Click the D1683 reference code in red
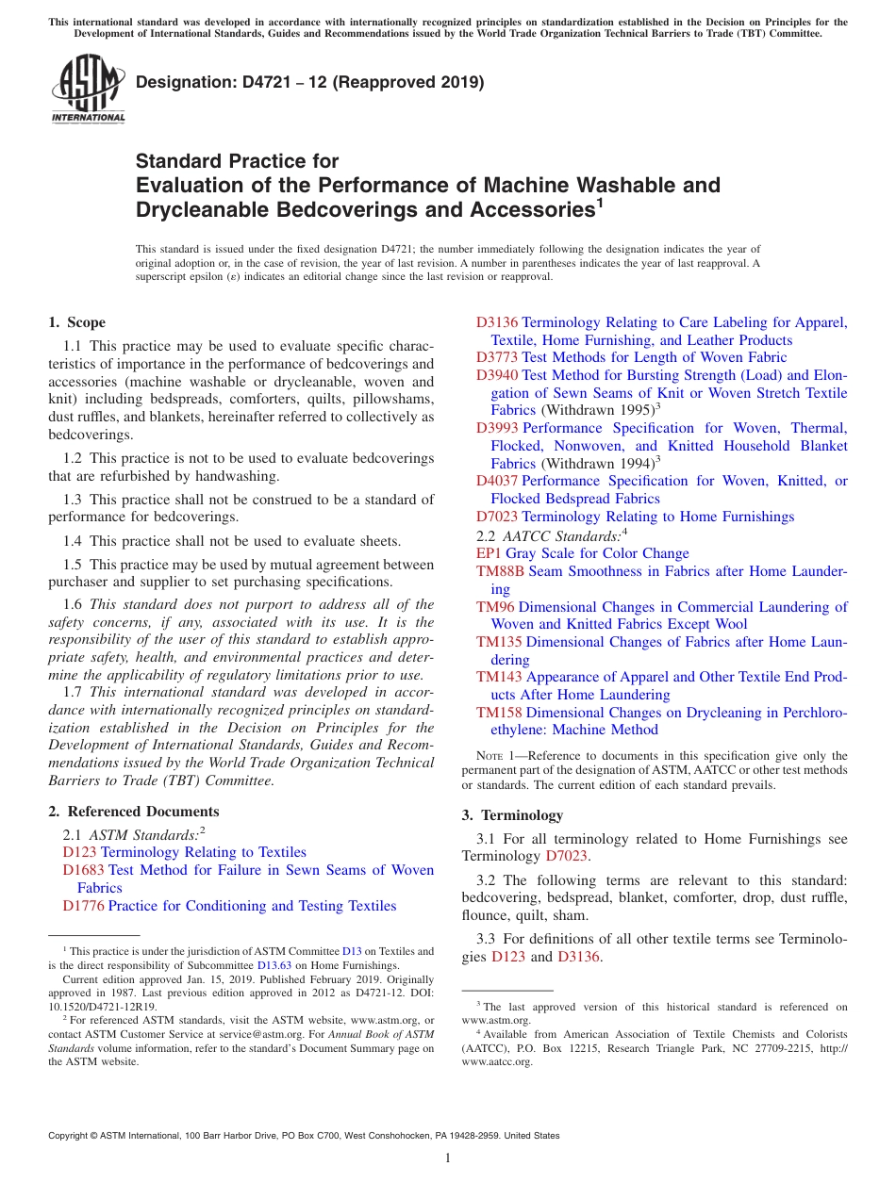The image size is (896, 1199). (x=81, y=870)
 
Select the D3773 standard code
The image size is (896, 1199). (x=496, y=357)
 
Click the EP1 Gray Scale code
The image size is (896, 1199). (x=489, y=553)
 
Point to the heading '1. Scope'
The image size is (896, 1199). (x=76, y=322)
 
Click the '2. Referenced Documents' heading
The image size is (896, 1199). (x=133, y=812)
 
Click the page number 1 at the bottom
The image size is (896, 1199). (x=448, y=1158)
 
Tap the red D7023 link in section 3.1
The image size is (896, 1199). (x=566, y=857)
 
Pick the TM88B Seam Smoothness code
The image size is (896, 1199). (x=500, y=571)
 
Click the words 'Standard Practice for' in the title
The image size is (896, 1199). (x=237, y=161)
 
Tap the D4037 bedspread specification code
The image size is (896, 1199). (x=496, y=481)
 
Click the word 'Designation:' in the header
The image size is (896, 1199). (x=180, y=82)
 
